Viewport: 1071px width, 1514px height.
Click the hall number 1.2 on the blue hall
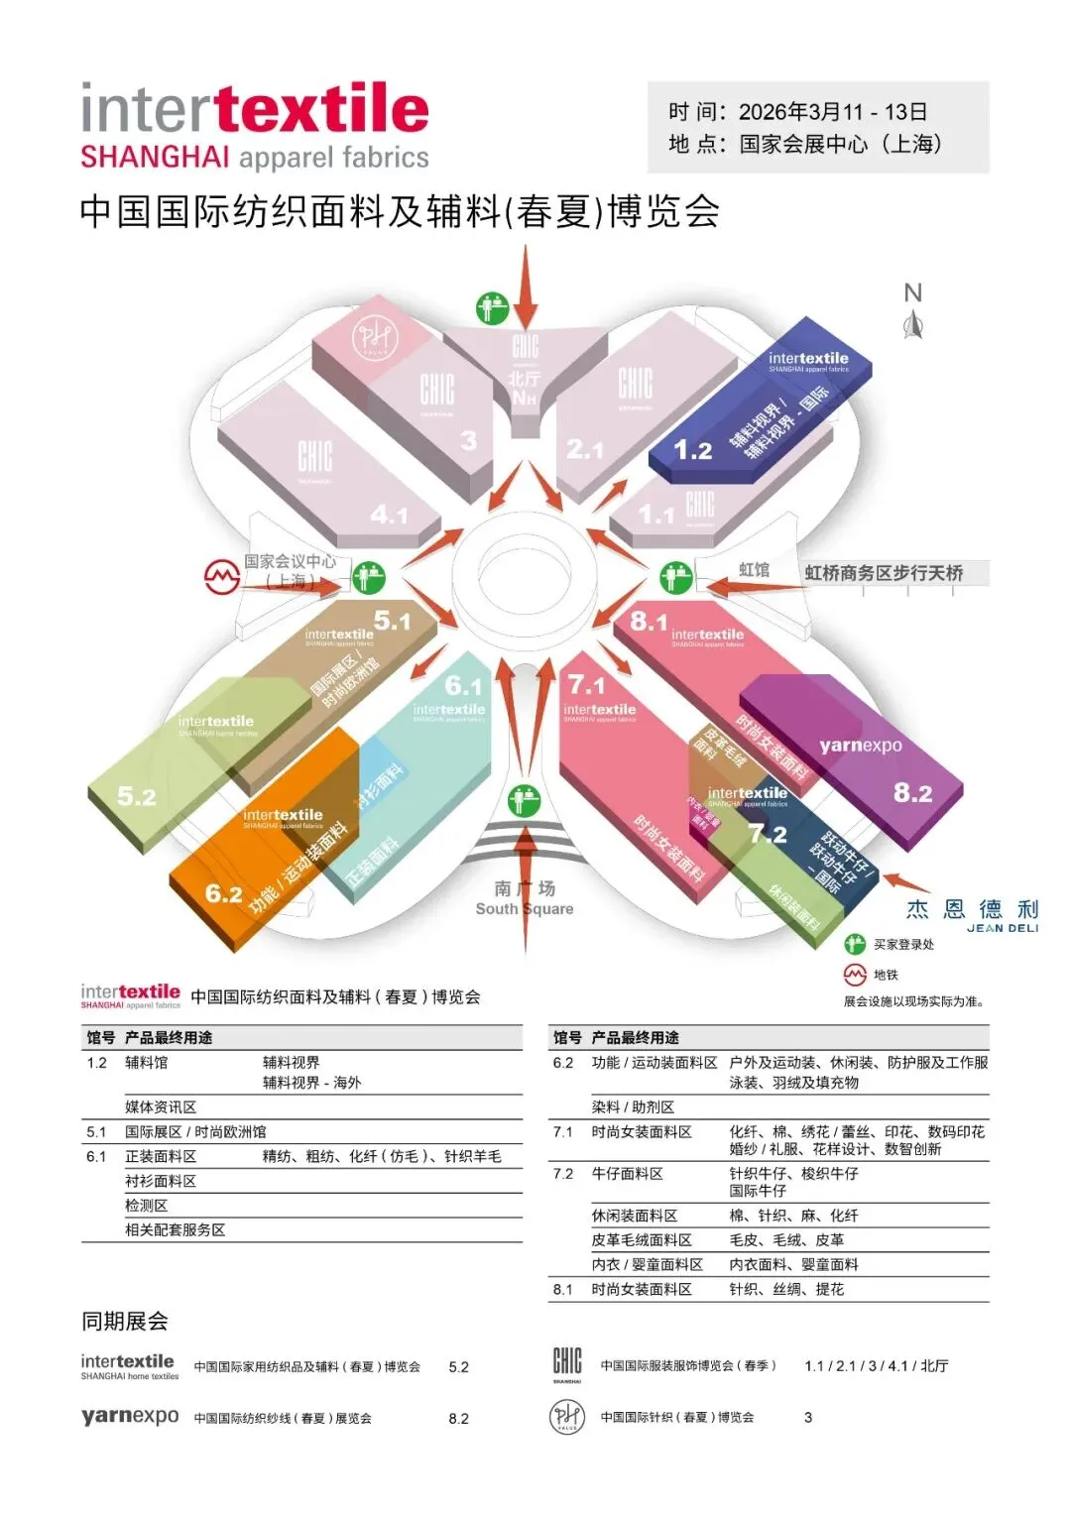point(692,451)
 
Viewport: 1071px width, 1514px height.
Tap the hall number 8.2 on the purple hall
point(912,792)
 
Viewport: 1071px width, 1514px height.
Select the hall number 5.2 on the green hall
point(137,796)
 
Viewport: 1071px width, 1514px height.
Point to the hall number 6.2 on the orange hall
point(223,893)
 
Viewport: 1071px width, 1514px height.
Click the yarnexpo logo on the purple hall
point(861,746)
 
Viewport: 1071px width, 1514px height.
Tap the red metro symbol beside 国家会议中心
point(221,576)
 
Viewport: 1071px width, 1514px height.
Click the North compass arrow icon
point(913,323)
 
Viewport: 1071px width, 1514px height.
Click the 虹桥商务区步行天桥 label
point(884,573)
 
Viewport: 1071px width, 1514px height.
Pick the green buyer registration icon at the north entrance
point(492,308)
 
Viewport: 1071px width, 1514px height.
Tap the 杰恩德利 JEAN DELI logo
point(973,914)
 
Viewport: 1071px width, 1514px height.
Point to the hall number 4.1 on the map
point(389,515)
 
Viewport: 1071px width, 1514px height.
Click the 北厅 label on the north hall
point(525,379)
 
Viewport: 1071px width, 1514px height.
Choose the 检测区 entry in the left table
point(147,1206)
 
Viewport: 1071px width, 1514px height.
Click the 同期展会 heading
point(125,1321)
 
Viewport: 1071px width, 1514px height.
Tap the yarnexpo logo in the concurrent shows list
point(130,1416)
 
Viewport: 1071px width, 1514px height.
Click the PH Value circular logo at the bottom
point(567,1416)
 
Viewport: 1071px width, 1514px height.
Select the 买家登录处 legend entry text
point(903,945)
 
